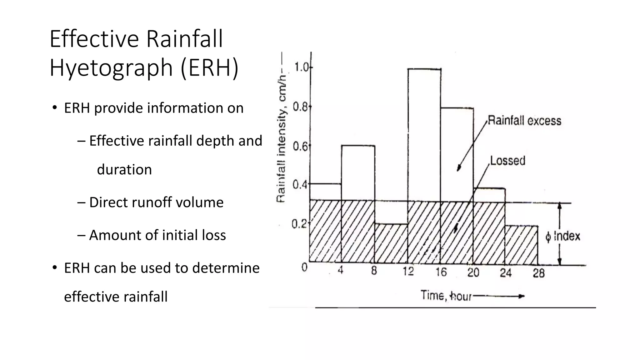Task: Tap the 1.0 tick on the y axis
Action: tap(301, 67)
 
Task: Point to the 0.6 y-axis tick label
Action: tap(300, 146)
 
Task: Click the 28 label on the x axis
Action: tap(538, 273)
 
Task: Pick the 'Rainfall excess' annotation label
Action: tap(524, 121)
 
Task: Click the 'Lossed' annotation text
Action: tap(507, 161)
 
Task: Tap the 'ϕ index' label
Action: tap(563, 236)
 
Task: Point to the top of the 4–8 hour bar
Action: tap(358, 146)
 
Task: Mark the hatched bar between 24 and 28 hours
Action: tap(521, 245)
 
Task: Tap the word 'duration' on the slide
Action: tap(124, 170)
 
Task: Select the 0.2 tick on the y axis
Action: tap(299, 224)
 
